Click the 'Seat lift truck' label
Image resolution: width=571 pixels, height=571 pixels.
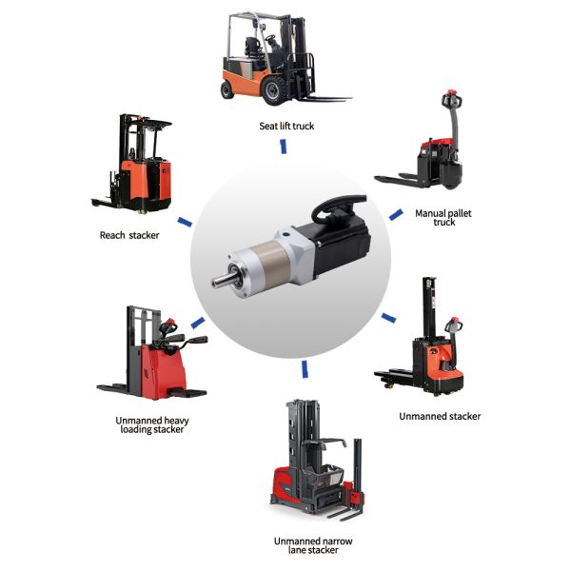(x=285, y=125)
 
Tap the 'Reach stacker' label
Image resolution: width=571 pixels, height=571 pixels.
(x=129, y=234)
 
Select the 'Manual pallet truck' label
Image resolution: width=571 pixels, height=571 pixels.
(x=443, y=218)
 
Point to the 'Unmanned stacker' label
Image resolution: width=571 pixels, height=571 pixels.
(x=439, y=416)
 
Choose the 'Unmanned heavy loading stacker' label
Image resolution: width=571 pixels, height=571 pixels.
(x=147, y=424)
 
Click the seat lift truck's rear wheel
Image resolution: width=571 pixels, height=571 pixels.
(x=228, y=89)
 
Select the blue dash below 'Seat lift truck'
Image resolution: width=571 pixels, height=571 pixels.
(x=283, y=147)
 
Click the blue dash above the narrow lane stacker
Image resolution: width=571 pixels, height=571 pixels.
(x=304, y=367)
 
